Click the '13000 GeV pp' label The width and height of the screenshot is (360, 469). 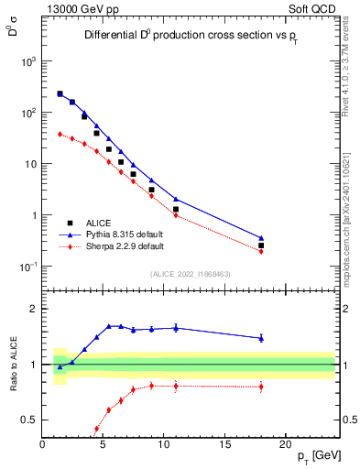(x=78, y=8)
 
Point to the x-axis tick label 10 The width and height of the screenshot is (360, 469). (x=164, y=444)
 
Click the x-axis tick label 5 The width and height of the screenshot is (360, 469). (x=104, y=444)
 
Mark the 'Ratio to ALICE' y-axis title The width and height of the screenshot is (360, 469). (x=13, y=365)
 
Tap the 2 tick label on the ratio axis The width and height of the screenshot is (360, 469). (x=34, y=309)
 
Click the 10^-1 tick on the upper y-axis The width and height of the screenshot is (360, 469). (x=28, y=267)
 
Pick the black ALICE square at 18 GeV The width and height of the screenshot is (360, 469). (x=261, y=245)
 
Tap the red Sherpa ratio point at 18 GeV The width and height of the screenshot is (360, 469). (x=261, y=387)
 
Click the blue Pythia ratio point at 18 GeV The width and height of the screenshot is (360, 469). (x=261, y=338)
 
